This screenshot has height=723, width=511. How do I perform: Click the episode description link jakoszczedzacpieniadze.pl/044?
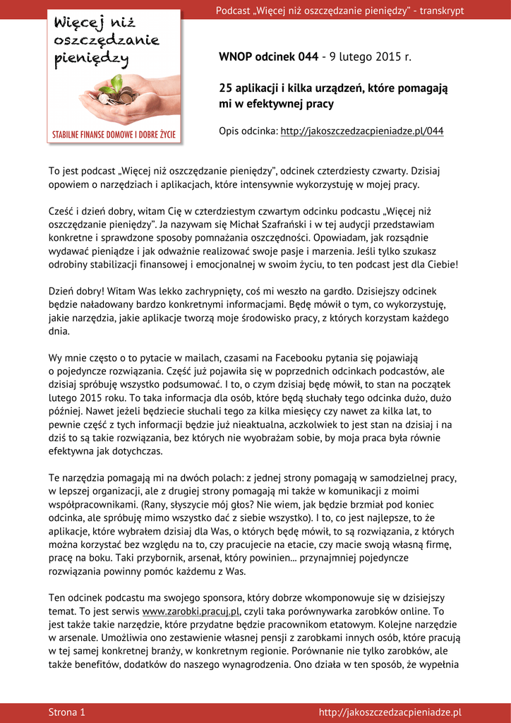tap(362, 131)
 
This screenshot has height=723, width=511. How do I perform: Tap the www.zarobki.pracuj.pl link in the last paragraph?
tap(191, 611)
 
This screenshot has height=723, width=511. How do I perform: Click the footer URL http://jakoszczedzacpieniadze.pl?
tap(390, 712)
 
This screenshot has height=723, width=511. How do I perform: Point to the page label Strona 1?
tap(67, 712)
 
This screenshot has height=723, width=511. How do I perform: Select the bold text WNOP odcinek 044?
tap(268, 56)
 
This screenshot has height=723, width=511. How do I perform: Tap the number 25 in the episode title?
tap(226, 89)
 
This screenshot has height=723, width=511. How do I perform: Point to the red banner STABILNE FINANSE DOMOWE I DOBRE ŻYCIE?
tap(114, 133)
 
